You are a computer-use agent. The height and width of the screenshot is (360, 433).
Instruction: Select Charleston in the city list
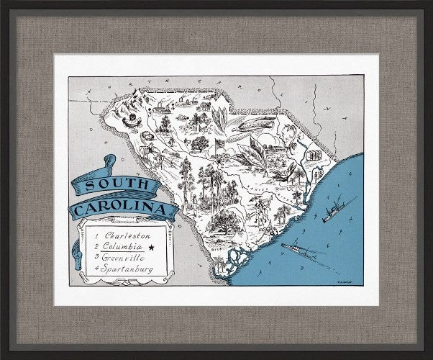[126, 235]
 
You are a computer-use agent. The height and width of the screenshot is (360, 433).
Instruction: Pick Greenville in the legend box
[124, 258]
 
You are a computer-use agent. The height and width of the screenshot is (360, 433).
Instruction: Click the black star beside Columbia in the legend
[151, 247]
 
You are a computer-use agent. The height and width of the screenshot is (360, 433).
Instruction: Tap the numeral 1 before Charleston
[96, 235]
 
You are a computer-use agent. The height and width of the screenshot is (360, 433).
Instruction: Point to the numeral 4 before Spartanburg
[96, 269]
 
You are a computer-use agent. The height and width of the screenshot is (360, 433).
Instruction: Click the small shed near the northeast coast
[314, 154]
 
